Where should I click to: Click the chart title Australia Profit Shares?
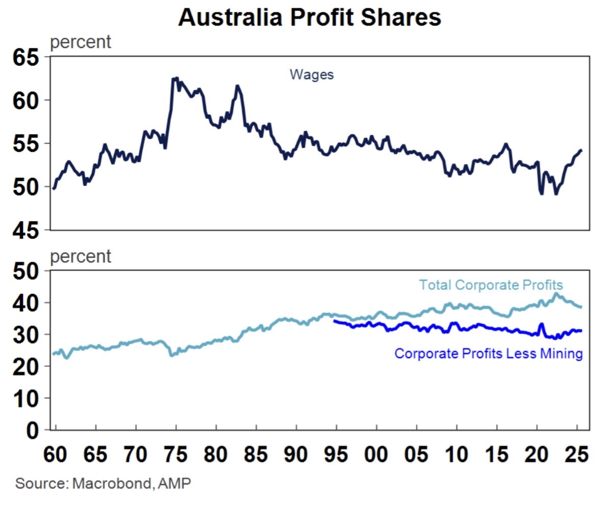coord(309,18)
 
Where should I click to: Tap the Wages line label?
coord(311,74)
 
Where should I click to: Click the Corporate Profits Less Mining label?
coord(488,353)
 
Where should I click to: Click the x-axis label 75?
coord(176,452)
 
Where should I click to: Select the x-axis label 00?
coord(377,452)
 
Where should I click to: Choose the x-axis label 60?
coord(56,452)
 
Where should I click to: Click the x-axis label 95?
coord(336,452)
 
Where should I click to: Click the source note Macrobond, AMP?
coord(103,483)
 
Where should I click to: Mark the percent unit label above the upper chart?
coord(80,42)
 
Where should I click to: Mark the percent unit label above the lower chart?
coord(80,256)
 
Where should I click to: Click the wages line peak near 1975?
coord(175,78)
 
